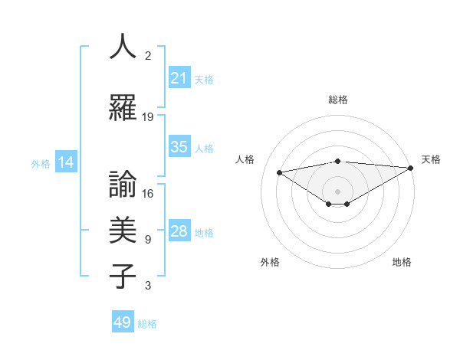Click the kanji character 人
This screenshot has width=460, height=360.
[123, 47]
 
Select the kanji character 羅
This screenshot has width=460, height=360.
[123, 109]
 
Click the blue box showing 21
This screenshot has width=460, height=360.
[179, 78]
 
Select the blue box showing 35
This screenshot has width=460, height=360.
[179, 147]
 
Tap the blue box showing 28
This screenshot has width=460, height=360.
[179, 231]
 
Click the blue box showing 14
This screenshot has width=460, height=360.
[65, 162]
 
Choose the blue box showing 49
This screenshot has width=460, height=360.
[123, 322]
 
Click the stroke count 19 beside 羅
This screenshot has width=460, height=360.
[148, 117]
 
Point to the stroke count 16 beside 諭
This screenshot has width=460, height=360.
[148, 194]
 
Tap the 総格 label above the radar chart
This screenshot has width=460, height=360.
[337, 100]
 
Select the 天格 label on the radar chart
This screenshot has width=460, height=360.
[431, 159]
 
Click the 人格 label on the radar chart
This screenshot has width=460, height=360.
[245, 159]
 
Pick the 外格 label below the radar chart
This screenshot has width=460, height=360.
[270, 262]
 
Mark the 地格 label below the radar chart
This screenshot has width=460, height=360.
[402, 262]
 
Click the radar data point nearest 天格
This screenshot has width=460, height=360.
[411, 168]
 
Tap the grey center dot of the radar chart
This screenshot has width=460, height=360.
[337, 191]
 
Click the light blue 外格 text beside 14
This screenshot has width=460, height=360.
[41, 163]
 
